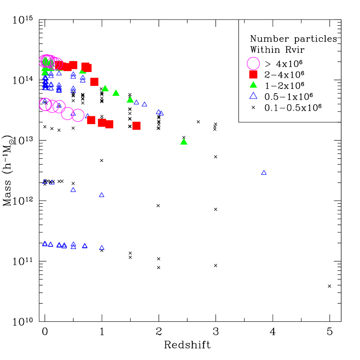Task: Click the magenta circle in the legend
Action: click(x=253, y=63)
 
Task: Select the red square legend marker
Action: click(x=253, y=74)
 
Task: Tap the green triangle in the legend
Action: click(x=253, y=85)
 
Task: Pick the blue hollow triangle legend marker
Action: click(x=253, y=95)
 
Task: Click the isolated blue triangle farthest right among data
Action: click(x=264, y=173)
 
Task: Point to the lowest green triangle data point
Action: click(x=184, y=142)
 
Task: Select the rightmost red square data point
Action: click(x=136, y=126)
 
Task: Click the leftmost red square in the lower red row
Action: click(x=91, y=120)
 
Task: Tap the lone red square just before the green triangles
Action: click(x=94, y=82)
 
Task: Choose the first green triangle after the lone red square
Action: click(x=105, y=88)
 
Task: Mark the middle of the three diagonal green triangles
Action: click(x=116, y=93)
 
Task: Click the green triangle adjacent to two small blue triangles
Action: click(x=130, y=100)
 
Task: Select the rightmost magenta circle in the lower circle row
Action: click(x=78, y=115)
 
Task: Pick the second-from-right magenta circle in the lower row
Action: click(x=67, y=113)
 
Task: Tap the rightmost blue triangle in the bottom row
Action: click(x=101, y=248)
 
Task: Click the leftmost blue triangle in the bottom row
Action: click(x=45, y=244)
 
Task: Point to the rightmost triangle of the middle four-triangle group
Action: click(x=101, y=195)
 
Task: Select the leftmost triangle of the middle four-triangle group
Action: click(x=45, y=182)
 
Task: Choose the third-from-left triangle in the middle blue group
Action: click(x=73, y=190)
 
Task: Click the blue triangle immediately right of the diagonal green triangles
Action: click(x=137, y=102)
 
